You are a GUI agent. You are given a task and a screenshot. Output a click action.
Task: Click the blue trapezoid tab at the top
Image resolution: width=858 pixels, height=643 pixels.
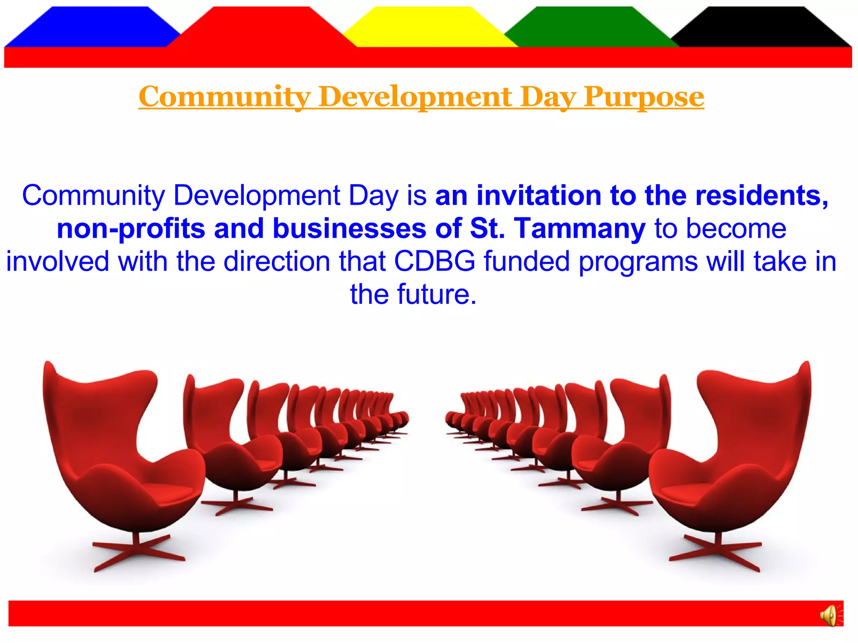pyautogui.click(x=92, y=27)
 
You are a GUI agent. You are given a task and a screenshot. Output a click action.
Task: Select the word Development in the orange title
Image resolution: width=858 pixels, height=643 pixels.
pyautogui.click(x=415, y=97)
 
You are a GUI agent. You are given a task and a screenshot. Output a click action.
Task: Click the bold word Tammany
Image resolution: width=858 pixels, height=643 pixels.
pyautogui.click(x=580, y=229)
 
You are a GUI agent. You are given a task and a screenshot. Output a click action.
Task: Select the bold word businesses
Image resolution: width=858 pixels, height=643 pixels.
pyautogui.click(x=349, y=229)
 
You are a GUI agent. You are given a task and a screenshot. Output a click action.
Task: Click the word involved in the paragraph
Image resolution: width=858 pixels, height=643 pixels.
pyautogui.click(x=57, y=262)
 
